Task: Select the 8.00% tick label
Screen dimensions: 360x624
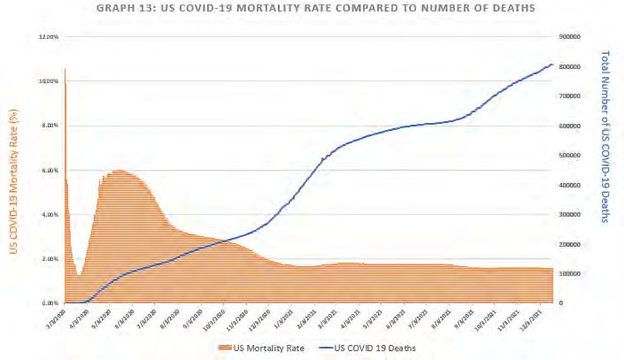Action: tap(49, 126)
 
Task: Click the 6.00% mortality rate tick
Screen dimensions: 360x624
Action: tap(49, 170)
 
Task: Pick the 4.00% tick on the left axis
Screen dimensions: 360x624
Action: tap(49, 214)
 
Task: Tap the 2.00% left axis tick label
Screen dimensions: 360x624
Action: tap(49, 258)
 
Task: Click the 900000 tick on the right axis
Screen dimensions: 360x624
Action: tap(572, 37)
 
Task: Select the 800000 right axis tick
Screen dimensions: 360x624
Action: tap(572, 66)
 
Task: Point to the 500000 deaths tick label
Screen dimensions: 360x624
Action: tap(572, 155)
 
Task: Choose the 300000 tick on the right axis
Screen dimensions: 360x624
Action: tap(572, 214)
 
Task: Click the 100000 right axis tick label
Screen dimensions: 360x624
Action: tap(572, 273)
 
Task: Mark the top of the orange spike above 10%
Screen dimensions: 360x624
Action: tap(65, 69)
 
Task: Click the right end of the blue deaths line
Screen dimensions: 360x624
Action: tap(553, 64)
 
